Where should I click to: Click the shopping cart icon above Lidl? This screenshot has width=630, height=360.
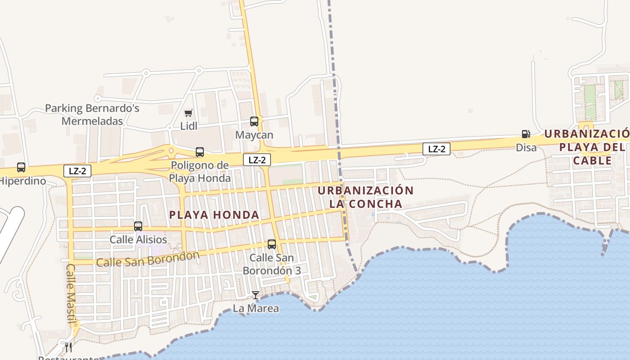click(x=189, y=113)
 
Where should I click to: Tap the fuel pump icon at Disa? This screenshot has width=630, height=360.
click(x=526, y=134)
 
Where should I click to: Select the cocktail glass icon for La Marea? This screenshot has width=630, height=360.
click(x=256, y=295)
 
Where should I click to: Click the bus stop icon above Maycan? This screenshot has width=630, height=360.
click(x=254, y=121)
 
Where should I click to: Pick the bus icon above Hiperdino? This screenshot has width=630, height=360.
click(x=21, y=167)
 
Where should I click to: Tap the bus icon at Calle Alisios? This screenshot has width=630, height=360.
click(x=138, y=226)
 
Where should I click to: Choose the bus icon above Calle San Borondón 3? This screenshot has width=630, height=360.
click(x=272, y=244)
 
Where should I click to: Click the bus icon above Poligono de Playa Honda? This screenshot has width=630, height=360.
click(x=200, y=152)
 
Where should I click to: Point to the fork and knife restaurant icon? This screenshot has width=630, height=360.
click(x=68, y=347)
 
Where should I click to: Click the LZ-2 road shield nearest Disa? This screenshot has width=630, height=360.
click(x=436, y=149)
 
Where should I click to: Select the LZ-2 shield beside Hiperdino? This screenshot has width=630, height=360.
click(x=77, y=171)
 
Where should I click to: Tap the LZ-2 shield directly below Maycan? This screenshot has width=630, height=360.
click(x=257, y=160)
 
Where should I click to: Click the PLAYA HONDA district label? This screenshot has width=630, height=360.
click(x=214, y=215)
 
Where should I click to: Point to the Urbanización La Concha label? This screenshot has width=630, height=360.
click(x=365, y=197)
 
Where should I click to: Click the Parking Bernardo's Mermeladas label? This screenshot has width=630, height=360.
click(x=92, y=115)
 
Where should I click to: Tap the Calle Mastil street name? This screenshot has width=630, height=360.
click(x=71, y=293)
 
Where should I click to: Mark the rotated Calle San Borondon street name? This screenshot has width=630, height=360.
click(x=148, y=259)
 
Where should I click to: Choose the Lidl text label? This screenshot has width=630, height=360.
click(x=189, y=126)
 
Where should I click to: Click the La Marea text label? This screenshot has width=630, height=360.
click(x=256, y=308)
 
